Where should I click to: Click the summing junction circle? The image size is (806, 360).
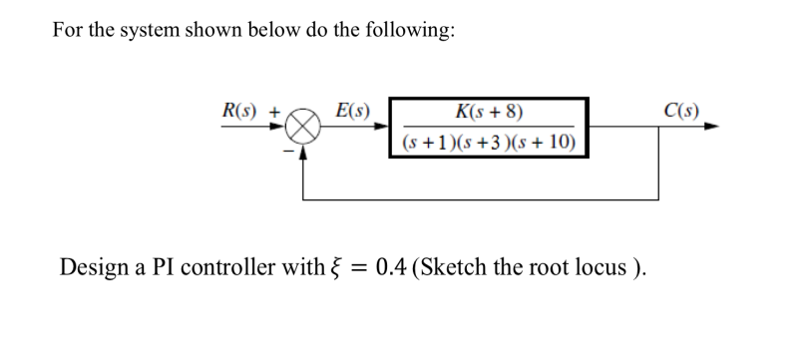coord(305,128)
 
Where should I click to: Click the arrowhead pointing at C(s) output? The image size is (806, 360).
coord(709,127)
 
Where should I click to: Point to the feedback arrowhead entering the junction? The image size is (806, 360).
coord(305,149)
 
